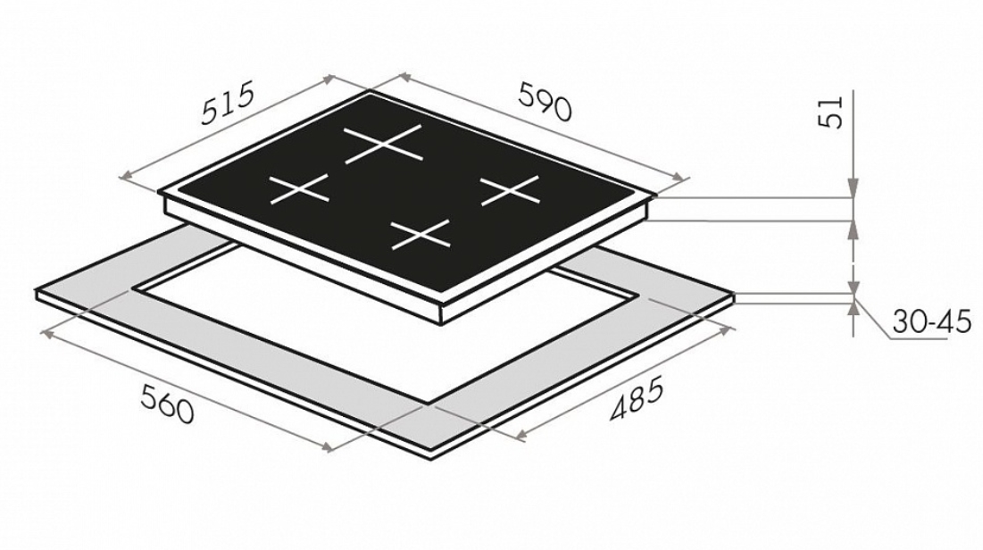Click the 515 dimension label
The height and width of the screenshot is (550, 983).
(x=229, y=104)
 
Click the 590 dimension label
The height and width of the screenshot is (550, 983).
(x=545, y=100)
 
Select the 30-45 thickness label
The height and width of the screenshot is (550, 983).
(x=931, y=323)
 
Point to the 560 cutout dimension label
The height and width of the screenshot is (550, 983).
(x=166, y=404)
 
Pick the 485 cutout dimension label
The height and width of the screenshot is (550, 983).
(x=637, y=400)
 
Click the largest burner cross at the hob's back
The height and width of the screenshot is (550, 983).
(x=384, y=144)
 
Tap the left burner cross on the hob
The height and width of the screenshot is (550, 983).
(x=300, y=188)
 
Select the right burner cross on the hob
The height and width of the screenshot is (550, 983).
(x=511, y=190)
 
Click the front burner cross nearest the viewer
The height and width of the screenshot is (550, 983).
(x=420, y=235)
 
